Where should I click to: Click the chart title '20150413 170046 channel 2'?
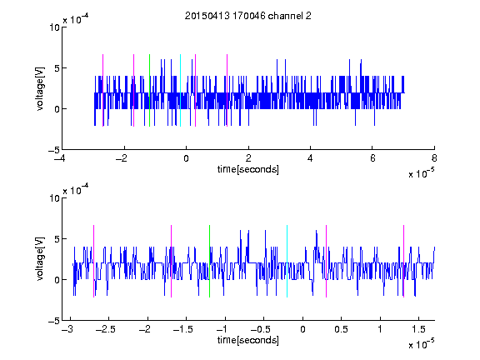click(x=248, y=16)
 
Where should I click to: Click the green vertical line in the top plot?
click(x=149, y=90)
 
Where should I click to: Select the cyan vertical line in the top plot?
click(x=180, y=90)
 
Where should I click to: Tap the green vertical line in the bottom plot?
click(x=210, y=261)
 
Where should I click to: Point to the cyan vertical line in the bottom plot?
click(x=287, y=261)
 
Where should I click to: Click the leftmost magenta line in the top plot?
click(x=102, y=90)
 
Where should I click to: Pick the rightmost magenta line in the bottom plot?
click(x=404, y=261)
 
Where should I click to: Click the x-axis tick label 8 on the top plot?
click(x=434, y=158)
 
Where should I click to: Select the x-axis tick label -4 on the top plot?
click(x=59, y=158)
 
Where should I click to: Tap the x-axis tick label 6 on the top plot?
click(x=372, y=158)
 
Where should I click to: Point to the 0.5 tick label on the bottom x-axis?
click(x=341, y=329)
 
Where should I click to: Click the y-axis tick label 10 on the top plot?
click(x=54, y=27)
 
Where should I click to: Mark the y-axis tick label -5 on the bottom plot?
click(x=54, y=321)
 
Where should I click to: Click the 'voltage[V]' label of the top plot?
click(x=40, y=88)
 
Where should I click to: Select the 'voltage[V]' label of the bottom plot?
click(x=40, y=259)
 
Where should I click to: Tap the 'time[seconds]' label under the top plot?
click(x=248, y=169)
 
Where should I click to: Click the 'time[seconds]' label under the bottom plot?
click(x=248, y=340)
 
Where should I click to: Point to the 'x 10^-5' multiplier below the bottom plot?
click(x=422, y=343)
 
